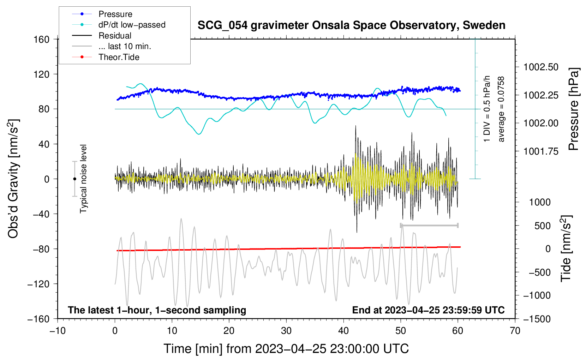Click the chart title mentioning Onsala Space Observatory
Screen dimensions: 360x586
coord(351,25)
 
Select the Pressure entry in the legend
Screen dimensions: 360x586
coord(115,14)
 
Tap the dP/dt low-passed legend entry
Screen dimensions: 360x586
coord(132,25)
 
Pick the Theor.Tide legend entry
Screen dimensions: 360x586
coord(119,57)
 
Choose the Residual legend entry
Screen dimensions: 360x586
coord(115,36)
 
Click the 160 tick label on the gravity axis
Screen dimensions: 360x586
coord(42,39)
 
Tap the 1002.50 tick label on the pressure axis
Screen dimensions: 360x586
coord(541,67)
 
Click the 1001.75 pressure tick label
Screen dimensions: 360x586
coord(541,151)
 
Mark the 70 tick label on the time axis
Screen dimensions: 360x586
coord(515,331)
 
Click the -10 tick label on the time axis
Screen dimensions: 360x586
coord(58,331)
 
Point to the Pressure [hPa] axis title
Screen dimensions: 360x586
coord(574,109)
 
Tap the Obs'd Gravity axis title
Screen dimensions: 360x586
coord(13,179)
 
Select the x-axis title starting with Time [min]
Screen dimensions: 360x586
coord(286,349)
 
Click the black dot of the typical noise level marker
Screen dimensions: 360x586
coord(74,179)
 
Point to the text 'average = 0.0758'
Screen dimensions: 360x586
coord(501,109)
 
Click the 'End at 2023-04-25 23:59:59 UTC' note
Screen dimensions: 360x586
coord(428,310)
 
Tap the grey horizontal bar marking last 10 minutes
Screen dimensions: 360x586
coord(429,225)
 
